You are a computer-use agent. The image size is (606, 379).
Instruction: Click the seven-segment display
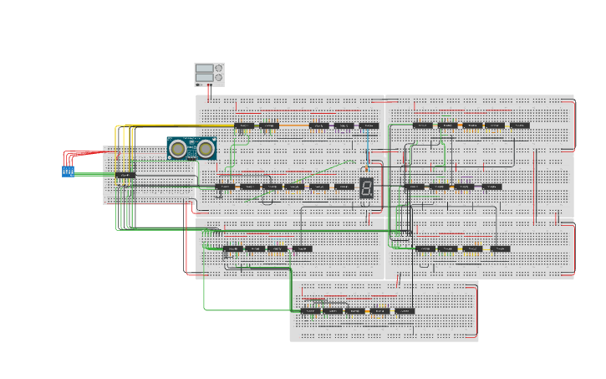pyautogui.click(x=366, y=187)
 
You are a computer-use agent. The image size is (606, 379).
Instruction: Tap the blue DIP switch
pyautogui.click(x=69, y=171)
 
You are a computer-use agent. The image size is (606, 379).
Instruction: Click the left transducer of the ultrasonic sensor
pyautogui.click(x=178, y=149)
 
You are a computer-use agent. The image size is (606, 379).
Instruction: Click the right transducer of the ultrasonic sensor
pyautogui.click(x=205, y=149)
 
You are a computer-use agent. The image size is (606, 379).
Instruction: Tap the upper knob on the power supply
pyautogui.click(x=219, y=69)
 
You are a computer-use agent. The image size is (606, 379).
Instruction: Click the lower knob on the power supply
pyautogui.click(x=219, y=79)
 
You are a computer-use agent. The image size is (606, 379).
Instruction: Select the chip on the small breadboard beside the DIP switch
pyautogui.click(x=125, y=174)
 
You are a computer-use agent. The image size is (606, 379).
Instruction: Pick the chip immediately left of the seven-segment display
pyautogui.click(x=344, y=187)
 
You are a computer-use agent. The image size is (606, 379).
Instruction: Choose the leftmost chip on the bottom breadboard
pyautogui.click(x=311, y=310)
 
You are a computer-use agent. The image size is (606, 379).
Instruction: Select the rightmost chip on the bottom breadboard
pyautogui.click(x=405, y=310)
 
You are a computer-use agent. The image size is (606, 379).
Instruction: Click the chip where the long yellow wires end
pyautogui.click(x=244, y=125)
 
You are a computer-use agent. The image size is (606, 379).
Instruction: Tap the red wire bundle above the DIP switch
pyautogui.click(x=84, y=154)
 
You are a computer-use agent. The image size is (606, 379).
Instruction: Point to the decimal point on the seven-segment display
pyautogui.click(x=372, y=196)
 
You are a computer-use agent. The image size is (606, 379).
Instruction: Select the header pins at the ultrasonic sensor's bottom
pyautogui.click(x=191, y=161)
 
